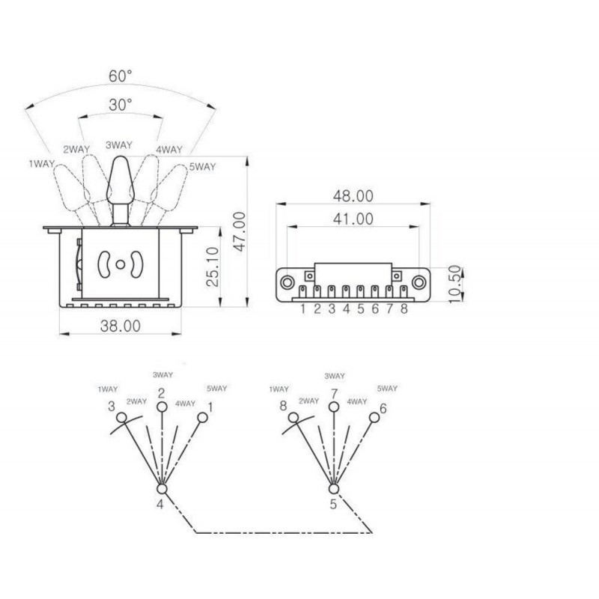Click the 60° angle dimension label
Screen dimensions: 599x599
click(121, 76)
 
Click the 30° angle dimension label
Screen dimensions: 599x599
click(121, 105)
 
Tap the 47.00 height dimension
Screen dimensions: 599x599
click(240, 231)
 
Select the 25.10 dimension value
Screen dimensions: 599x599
click(213, 267)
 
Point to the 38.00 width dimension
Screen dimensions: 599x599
click(121, 326)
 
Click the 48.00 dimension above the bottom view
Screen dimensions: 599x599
click(353, 196)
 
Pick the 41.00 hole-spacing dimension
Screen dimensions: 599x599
click(353, 219)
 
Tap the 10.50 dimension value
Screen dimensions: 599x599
click(454, 285)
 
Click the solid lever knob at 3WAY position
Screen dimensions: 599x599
click(121, 180)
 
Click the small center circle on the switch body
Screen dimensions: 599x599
click(121, 264)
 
